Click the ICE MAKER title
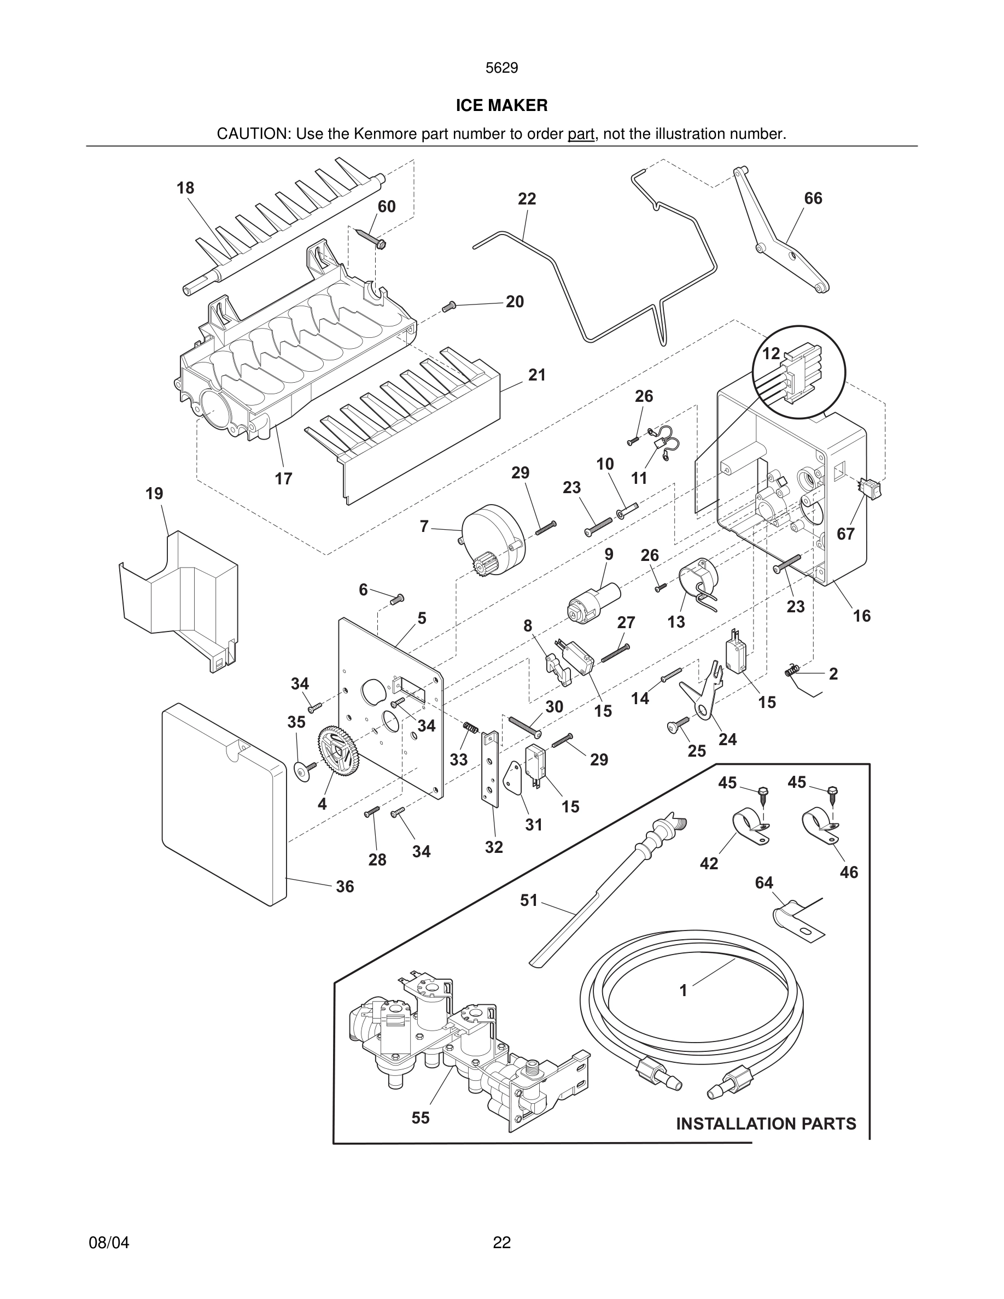(x=501, y=106)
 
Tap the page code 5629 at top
(x=501, y=68)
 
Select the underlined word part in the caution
(x=581, y=134)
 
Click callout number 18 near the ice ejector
(x=185, y=188)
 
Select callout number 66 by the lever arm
(x=813, y=198)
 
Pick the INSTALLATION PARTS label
(x=766, y=1124)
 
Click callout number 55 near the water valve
(x=420, y=1117)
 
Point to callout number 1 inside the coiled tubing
(x=683, y=990)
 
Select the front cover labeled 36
(x=223, y=803)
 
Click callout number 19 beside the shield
(x=154, y=494)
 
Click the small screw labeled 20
(x=449, y=307)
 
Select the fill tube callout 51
(x=528, y=900)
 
